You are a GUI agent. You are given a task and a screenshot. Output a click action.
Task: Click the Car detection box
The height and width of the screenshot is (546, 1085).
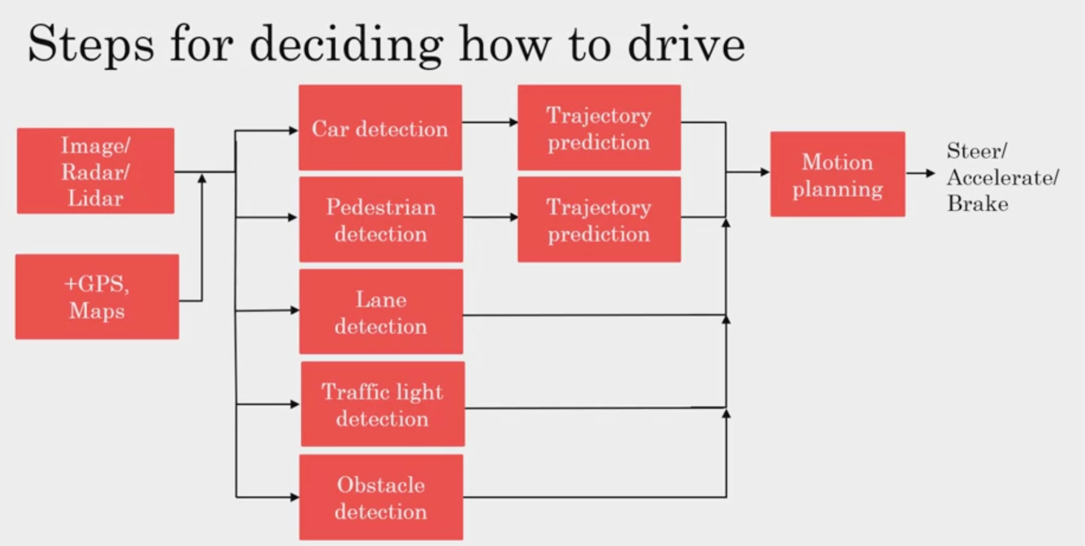(380, 128)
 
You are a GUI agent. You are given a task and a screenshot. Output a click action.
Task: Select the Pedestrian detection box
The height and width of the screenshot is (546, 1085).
(381, 219)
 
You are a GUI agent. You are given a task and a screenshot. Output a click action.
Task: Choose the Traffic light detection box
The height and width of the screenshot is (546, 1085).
(382, 404)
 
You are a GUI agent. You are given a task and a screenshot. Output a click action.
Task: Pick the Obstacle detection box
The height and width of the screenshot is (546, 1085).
(381, 497)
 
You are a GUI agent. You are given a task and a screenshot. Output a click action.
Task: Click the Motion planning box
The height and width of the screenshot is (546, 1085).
(837, 174)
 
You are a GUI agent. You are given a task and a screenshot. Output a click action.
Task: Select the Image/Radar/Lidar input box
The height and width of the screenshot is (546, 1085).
(95, 171)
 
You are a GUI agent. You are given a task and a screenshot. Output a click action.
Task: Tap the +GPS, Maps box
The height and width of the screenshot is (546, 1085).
(97, 297)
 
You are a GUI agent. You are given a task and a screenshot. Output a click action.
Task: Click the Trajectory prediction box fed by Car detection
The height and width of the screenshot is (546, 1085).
(599, 128)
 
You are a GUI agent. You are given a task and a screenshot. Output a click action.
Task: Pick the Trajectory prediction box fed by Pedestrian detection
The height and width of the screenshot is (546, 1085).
(599, 219)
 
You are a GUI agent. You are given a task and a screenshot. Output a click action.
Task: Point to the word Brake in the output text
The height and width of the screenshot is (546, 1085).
(978, 204)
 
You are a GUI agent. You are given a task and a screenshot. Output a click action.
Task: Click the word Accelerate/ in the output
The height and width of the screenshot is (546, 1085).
(1003, 177)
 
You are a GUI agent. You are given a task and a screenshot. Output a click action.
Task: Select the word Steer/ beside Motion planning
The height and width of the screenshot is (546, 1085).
(976, 150)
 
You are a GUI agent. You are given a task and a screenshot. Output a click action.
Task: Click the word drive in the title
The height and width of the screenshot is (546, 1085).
(686, 44)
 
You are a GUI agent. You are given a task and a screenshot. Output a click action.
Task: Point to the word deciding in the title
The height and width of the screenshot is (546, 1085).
(346, 45)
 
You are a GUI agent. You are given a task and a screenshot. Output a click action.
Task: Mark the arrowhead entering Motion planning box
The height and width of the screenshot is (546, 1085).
(765, 172)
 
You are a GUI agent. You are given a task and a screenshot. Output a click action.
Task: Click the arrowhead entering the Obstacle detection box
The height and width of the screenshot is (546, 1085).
(294, 497)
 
